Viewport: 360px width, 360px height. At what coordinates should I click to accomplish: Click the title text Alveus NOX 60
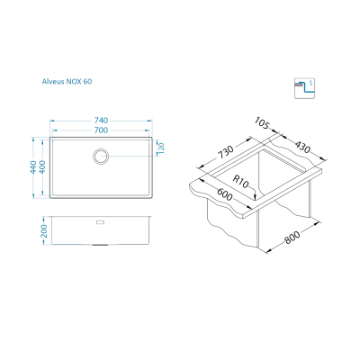click(67, 81)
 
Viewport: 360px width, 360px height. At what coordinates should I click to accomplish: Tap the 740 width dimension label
click(101, 121)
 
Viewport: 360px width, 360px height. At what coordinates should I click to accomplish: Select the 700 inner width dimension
click(101, 130)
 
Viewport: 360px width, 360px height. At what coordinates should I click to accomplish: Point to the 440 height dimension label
click(33, 167)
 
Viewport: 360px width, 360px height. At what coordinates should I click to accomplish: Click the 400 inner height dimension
click(42, 167)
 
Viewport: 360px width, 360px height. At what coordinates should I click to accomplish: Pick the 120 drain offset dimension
click(161, 148)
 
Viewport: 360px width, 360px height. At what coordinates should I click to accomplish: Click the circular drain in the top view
click(100, 157)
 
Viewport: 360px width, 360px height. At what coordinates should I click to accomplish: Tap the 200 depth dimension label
click(44, 230)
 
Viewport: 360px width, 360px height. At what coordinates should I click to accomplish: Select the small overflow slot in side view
click(100, 222)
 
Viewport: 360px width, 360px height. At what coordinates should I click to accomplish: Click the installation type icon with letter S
click(304, 88)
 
